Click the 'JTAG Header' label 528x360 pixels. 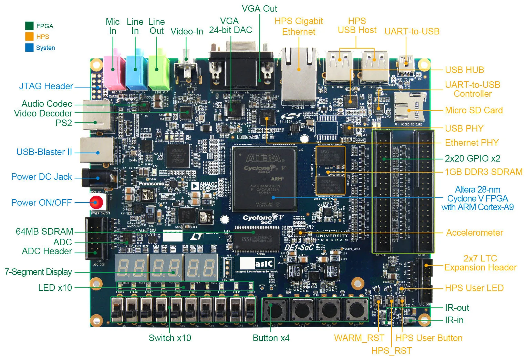46,86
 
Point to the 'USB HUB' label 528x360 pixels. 464,70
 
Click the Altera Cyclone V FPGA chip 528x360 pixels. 265,178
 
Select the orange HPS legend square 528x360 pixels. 29,37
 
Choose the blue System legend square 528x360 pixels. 29,48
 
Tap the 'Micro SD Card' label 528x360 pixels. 474,110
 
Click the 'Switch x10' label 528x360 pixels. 170,338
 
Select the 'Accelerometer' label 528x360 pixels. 475,233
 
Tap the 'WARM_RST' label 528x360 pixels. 359,338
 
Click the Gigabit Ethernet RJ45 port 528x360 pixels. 299,76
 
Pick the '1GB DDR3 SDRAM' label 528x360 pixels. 484,172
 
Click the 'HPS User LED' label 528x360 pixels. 474,288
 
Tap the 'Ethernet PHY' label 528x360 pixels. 472,143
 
